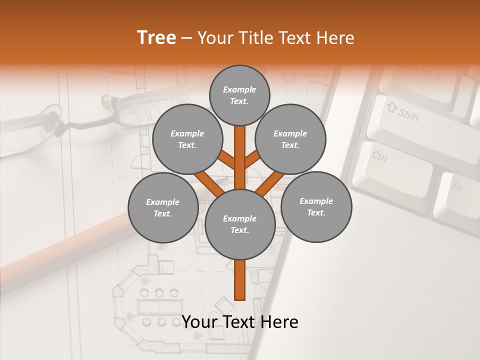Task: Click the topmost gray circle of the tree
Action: click(239, 95)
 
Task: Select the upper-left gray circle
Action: click(187, 139)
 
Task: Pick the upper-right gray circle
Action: click(290, 139)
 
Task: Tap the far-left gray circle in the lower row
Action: click(163, 207)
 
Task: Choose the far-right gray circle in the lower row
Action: click(316, 206)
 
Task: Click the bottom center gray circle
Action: click(240, 224)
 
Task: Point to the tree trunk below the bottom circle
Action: click(240, 280)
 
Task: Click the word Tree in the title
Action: click(156, 38)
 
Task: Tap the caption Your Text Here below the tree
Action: click(240, 322)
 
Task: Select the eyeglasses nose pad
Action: click(105, 102)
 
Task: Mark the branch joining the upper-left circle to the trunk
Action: click(227, 160)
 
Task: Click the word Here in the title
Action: click(335, 38)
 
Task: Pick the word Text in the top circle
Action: click(239, 101)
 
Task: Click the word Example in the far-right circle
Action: click(316, 201)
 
